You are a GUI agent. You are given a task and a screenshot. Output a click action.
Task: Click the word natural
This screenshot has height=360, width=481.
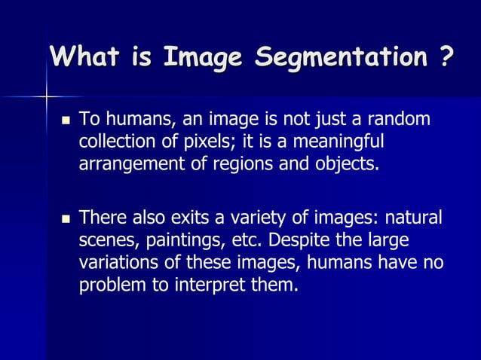click(415, 219)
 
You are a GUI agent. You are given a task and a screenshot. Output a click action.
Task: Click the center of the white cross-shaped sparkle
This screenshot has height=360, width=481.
click(47, 96)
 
